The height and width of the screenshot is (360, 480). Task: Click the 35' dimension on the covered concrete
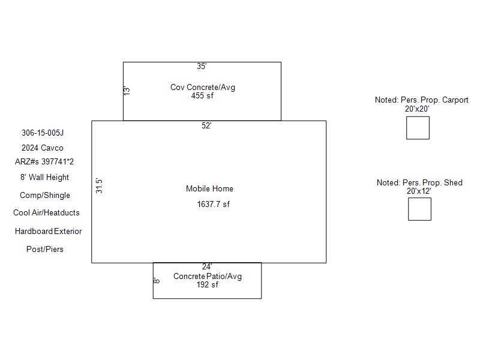pos(202,67)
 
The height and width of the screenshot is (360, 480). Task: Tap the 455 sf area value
pos(202,95)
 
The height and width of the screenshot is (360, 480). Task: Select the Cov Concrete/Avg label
pos(203,87)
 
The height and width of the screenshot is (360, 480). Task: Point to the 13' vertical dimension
pos(127,91)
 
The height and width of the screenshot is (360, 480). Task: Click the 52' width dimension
pos(206,125)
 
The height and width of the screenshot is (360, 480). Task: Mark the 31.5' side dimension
pos(100,185)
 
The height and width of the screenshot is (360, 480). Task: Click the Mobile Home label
pos(209,188)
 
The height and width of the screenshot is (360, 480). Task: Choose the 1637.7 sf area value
pos(213,204)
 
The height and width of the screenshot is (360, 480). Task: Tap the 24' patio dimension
pos(206,266)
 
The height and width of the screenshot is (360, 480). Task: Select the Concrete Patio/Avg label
pos(208,276)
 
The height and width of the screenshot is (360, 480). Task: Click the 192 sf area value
pos(208,284)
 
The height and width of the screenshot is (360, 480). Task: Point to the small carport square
pos(418,128)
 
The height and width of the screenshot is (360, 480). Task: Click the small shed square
pos(419,209)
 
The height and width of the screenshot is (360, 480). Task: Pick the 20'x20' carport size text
pos(417,109)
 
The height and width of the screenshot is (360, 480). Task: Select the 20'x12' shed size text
pos(419,190)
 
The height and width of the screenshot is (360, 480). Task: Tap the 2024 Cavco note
pos(42,148)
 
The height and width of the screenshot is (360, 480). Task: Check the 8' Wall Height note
pos(44,177)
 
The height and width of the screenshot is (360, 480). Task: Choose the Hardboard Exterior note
pos(48,231)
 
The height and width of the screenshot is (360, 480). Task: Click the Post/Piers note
pos(44,249)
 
